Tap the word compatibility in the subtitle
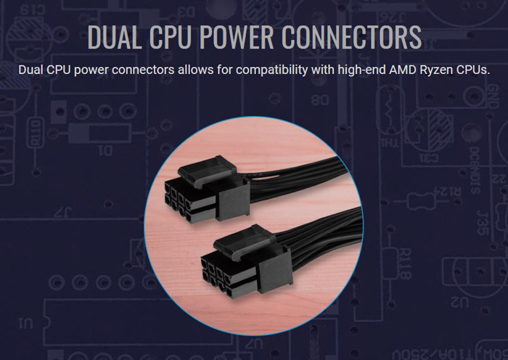(x=271, y=70)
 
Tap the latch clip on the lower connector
(x=244, y=240)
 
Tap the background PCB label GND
(x=493, y=97)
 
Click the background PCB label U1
(x=25, y=323)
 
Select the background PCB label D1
(x=106, y=151)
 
